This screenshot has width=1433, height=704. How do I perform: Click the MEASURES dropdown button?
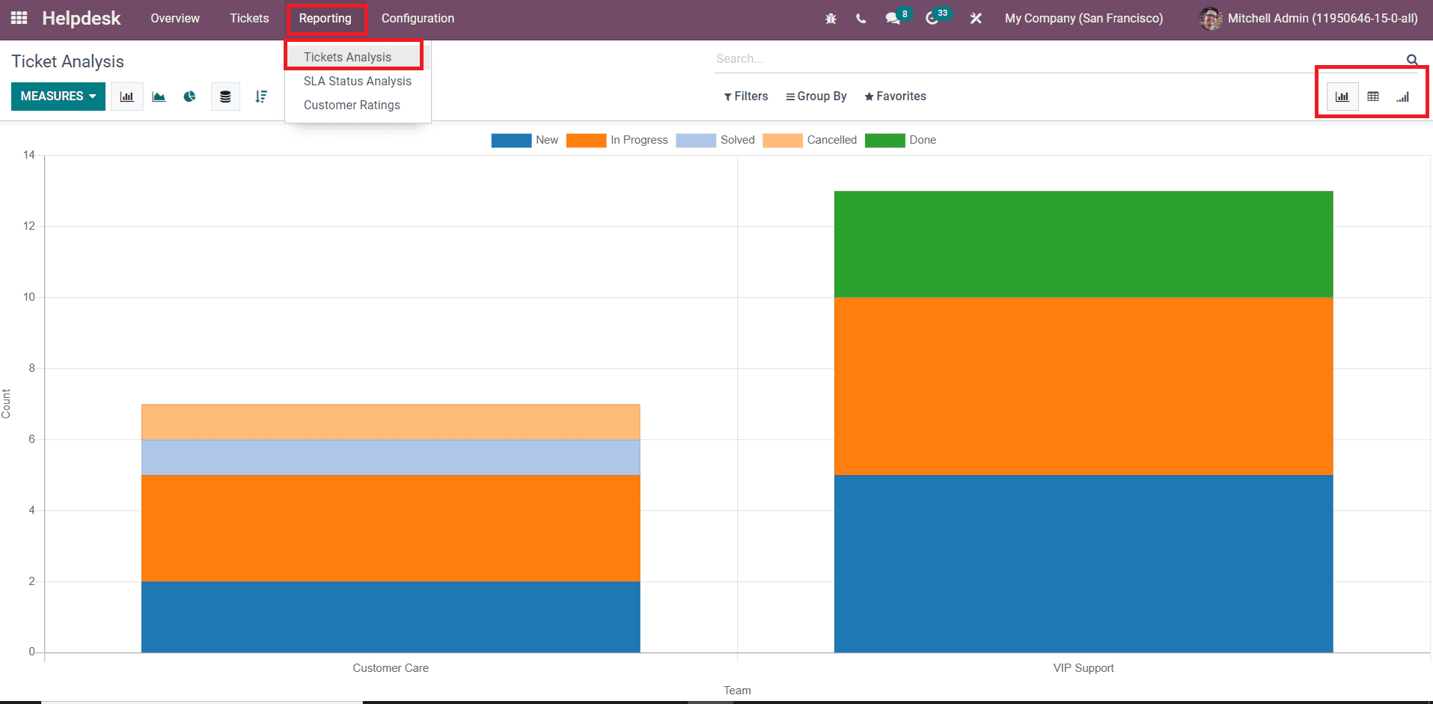tap(58, 97)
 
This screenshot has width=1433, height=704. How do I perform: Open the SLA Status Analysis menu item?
tap(357, 82)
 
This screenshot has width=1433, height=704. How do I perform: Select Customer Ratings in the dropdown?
tap(352, 105)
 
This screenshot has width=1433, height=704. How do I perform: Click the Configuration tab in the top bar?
tap(418, 19)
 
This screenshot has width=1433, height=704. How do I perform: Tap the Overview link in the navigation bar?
tap(175, 19)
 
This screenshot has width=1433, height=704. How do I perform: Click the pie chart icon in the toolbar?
tap(190, 97)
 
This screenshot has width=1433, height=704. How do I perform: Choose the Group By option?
tap(816, 97)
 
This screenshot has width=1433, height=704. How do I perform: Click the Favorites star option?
tap(895, 97)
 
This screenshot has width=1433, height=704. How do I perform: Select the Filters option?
tap(746, 97)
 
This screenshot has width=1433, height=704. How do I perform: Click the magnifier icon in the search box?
tap(1412, 60)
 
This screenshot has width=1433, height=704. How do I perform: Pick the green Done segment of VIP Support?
tap(1083, 244)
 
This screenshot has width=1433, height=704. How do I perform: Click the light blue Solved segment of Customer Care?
tap(391, 457)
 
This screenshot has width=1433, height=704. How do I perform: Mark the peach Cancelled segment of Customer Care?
tap(391, 422)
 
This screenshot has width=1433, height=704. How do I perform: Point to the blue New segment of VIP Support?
tap(1083, 563)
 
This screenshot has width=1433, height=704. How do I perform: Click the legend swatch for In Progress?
tap(586, 141)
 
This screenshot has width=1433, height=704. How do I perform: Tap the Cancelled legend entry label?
tap(831, 140)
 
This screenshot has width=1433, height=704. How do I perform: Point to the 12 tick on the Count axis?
tap(29, 226)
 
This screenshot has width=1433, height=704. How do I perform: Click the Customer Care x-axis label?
tap(391, 668)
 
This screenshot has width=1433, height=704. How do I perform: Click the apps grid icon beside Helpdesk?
tap(19, 18)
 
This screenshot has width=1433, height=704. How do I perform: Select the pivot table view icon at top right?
tap(1373, 97)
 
